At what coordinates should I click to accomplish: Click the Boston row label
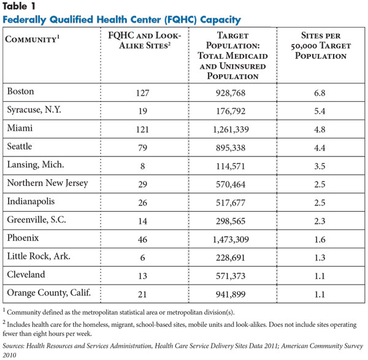(21, 91)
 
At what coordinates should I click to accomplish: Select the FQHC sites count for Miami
(142, 129)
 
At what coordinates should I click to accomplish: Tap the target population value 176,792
(231, 111)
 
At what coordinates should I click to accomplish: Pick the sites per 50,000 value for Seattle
(320, 148)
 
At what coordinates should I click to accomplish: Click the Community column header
(33, 39)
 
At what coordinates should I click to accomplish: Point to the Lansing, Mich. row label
(36, 165)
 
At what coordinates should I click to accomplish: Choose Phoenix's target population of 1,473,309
(231, 239)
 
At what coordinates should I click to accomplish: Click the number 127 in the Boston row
(142, 93)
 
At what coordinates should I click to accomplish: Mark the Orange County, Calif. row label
(49, 293)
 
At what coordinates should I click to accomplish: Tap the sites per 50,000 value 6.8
(320, 93)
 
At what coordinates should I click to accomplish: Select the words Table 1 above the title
(19, 6)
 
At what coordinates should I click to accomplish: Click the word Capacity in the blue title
(221, 20)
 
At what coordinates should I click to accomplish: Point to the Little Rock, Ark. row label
(39, 256)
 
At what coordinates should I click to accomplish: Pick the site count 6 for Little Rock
(142, 258)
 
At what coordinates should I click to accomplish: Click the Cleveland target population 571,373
(231, 276)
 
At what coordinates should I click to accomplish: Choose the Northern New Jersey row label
(48, 183)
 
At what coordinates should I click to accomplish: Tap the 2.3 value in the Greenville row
(320, 221)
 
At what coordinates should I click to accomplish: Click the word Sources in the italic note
(13, 346)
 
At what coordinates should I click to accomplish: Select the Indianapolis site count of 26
(142, 203)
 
